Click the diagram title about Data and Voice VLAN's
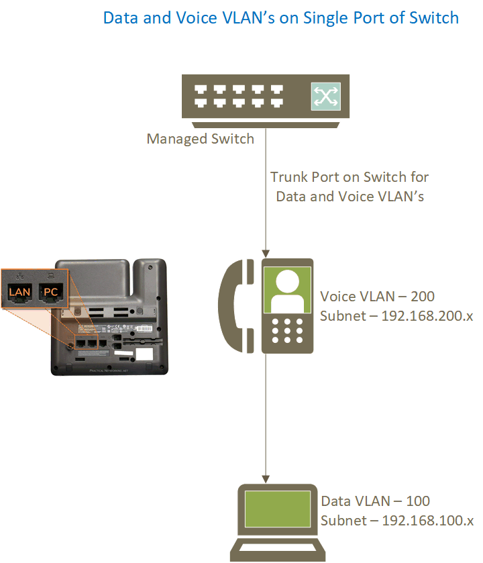coord(280,17)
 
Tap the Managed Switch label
coord(201,140)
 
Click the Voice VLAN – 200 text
coord(377,296)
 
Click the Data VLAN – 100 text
coord(375,501)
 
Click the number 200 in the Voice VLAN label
coord(423,296)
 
